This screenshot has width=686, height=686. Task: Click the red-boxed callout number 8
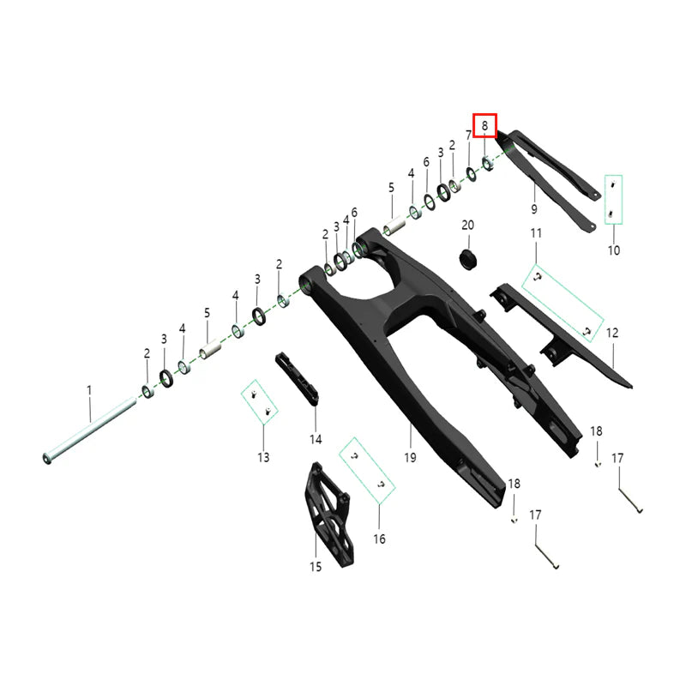[484, 126]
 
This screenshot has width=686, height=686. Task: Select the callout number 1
[88, 390]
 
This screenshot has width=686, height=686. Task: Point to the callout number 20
[467, 226]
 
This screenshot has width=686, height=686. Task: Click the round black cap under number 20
[468, 257]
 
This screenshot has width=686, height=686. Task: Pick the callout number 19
[410, 458]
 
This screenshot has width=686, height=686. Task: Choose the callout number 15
[315, 566]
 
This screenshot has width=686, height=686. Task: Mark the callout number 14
[316, 439]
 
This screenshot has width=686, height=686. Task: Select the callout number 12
[612, 332]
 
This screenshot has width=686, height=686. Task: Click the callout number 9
[533, 209]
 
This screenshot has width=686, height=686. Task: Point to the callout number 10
[613, 250]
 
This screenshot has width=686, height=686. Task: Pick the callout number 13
[263, 457]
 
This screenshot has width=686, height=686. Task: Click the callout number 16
[379, 539]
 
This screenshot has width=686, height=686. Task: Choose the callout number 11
[536, 233]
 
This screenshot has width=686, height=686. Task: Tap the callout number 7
[469, 135]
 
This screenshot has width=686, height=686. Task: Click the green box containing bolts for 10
[613, 200]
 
